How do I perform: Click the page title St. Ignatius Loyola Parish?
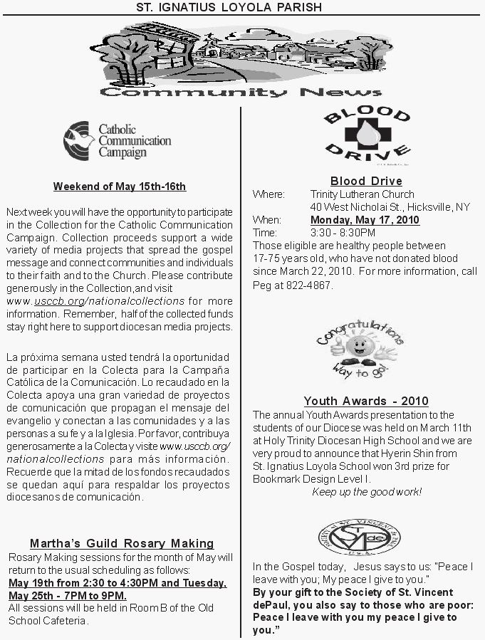tap(229, 7)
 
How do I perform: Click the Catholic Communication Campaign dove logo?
tap(78, 140)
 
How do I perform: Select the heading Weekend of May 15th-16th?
tap(120, 187)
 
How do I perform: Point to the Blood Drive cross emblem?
tap(367, 134)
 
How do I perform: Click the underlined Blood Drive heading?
tap(366, 181)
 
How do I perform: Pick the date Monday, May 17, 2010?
tap(365, 220)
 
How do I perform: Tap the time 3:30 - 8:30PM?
tap(343, 233)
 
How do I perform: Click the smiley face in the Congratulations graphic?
tap(355, 348)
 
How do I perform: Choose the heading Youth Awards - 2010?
tap(366, 401)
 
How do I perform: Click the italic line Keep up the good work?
tap(367, 492)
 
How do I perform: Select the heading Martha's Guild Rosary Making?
tap(122, 543)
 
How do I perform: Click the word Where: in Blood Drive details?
tap(268, 194)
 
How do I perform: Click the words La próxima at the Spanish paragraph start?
tap(28, 356)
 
